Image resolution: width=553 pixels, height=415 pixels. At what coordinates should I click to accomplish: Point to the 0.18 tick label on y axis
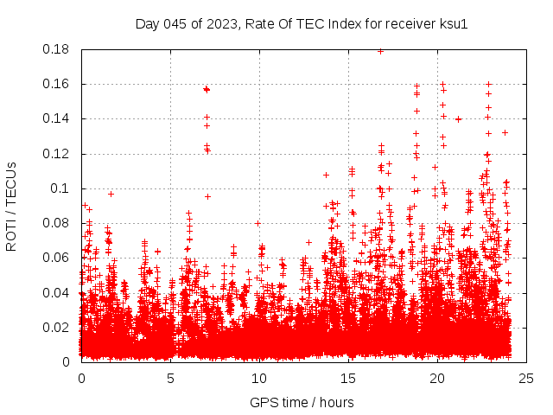[x=57, y=49]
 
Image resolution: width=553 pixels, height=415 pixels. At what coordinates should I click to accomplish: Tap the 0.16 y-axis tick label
[x=57, y=84]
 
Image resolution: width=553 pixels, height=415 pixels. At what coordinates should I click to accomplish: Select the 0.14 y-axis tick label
[x=57, y=118]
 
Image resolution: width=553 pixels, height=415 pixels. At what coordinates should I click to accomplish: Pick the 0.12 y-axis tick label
[x=57, y=154]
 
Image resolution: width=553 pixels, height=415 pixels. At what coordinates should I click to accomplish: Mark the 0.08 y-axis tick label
[x=57, y=223]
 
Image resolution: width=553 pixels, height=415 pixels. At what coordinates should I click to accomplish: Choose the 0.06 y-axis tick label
[x=57, y=258]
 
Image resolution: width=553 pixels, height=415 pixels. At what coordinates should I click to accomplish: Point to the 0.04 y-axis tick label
[x=57, y=292]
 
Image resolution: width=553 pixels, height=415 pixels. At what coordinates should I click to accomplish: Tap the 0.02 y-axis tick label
[x=57, y=327]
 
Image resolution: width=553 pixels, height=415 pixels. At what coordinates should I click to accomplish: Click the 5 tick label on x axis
[x=170, y=378]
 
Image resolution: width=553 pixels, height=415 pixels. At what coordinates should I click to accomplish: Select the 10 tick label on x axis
[x=259, y=378]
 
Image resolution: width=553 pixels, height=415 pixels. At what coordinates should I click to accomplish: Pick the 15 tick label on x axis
[x=348, y=378]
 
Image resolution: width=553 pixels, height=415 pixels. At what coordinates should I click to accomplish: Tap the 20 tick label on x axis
[x=437, y=378]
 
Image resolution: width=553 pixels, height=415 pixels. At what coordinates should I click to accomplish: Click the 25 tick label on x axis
[x=526, y=378]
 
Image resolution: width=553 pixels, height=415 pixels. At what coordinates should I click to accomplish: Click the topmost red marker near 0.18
[x=380, y=51]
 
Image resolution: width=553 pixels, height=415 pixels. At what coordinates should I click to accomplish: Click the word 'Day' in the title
[x=148, y=23]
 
